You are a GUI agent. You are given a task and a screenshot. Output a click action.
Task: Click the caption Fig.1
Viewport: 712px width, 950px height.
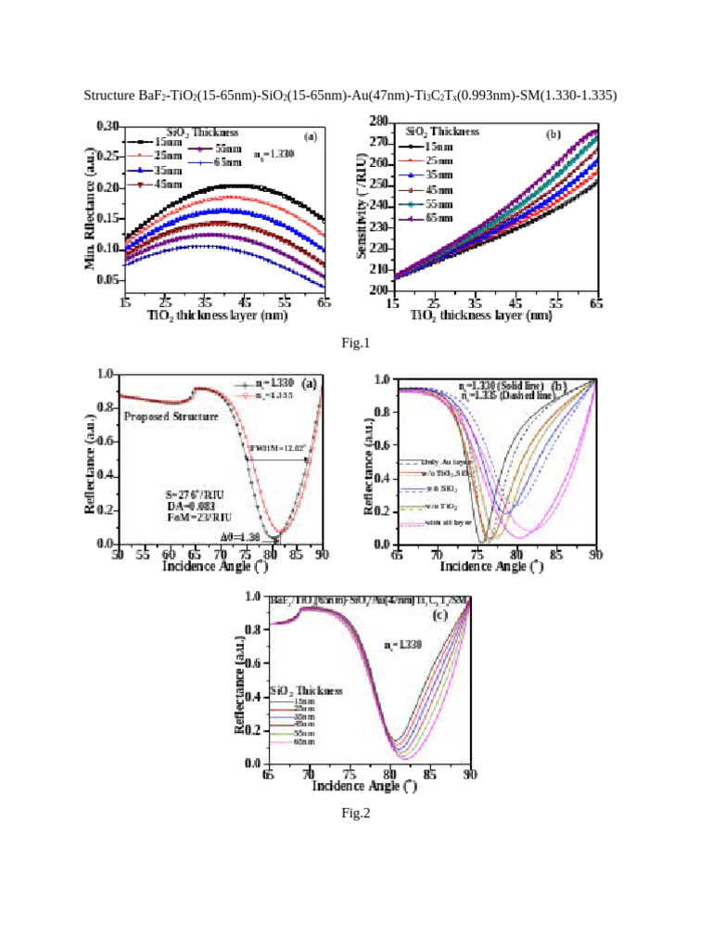coord(355,344)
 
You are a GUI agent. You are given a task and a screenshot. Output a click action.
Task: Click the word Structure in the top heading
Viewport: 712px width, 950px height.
coord(109,96)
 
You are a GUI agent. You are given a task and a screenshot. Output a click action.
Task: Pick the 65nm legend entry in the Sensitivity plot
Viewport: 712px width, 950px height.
coord(437,218)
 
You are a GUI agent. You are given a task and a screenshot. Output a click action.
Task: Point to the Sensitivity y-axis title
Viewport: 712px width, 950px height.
coord(376,206)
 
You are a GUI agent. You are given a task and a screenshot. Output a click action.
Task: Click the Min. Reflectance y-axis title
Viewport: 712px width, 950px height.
coord(91,205)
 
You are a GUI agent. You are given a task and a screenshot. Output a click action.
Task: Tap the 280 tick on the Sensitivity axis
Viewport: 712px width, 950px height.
coord(378,122)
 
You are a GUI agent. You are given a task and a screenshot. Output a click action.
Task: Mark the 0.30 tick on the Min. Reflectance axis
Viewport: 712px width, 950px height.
coord(108,125)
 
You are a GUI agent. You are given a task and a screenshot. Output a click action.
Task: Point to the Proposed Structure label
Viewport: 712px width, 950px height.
coord(171,417)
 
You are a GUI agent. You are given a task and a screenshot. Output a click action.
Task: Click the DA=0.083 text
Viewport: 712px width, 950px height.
coord(175,508)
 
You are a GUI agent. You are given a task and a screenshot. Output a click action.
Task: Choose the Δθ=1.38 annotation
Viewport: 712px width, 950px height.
coord(237,537)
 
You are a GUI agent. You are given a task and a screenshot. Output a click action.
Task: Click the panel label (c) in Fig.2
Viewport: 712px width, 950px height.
coord(440,615)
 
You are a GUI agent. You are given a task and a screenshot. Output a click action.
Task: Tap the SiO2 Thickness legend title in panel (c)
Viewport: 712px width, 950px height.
coord(307,691)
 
